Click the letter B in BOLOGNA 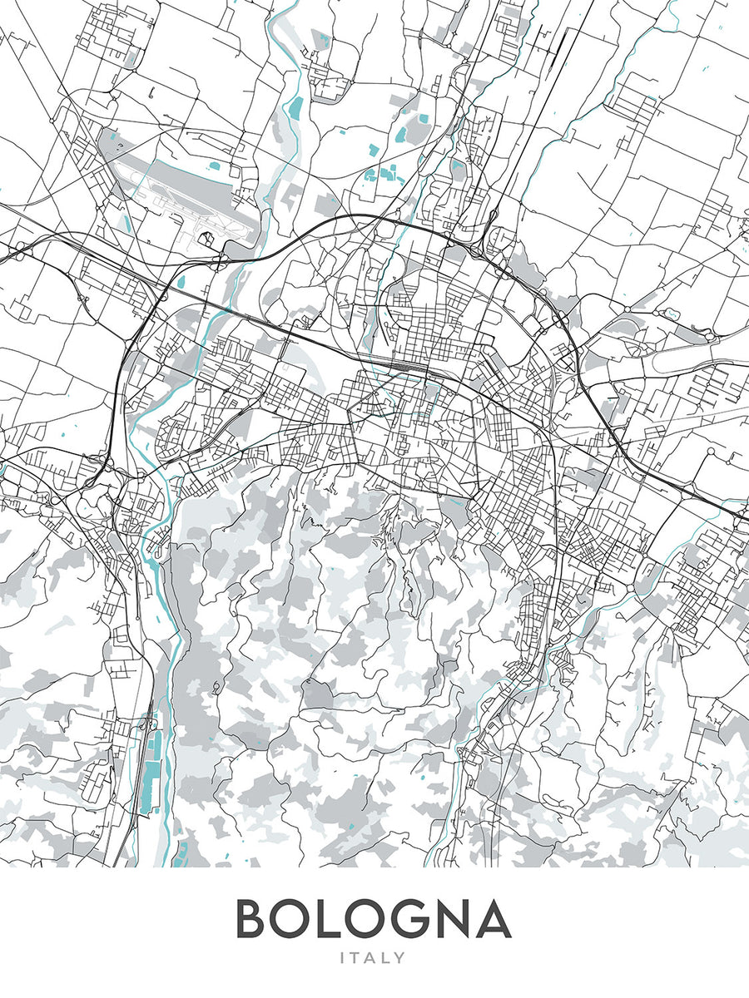click(x=254, y=919)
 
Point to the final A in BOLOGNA click(x=492, y=919)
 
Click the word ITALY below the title click(x=374, y=958)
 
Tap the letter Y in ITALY click(x=401, y=958)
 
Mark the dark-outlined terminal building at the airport click(x=208, y=242)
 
